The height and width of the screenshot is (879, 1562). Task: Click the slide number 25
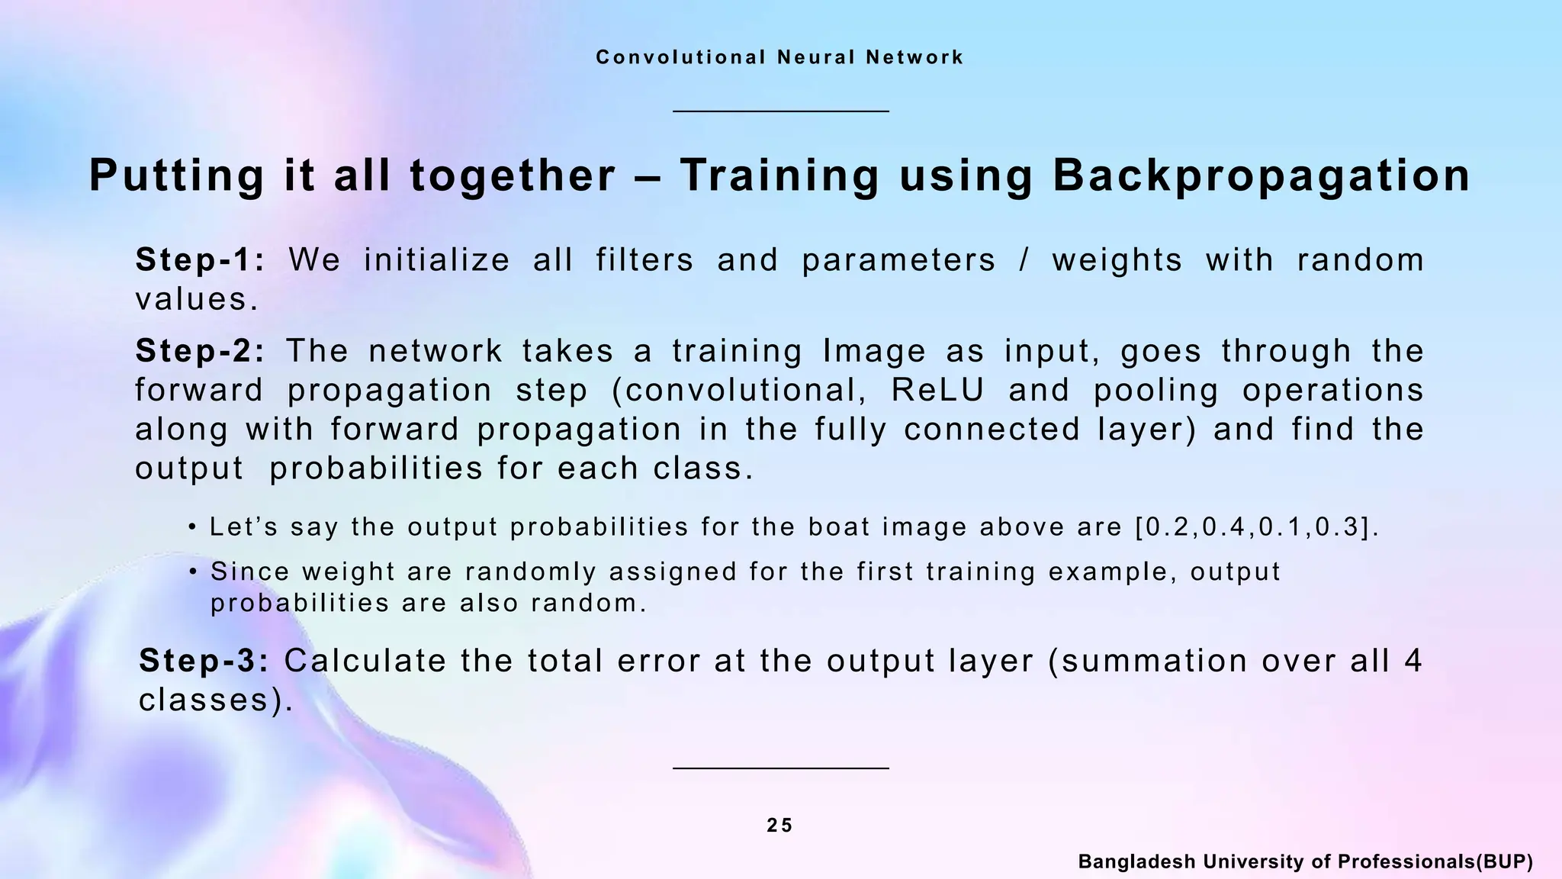tap(779, 826)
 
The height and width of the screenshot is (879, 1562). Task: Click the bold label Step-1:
tap(200, 260)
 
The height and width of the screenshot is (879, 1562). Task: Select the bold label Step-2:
tap(200, 351)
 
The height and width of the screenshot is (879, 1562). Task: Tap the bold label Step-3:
tap(204, 661)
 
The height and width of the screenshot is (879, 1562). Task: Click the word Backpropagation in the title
tap(1261, 175)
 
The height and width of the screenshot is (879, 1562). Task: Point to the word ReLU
tap(937, 390)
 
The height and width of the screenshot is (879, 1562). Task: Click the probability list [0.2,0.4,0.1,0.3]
tap(1257, 527)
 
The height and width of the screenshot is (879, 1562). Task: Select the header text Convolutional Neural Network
tap(779, 57)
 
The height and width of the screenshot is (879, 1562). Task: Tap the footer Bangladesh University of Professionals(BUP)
tap(1305, 862)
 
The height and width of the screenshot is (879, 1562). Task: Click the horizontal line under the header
tap(780, 111)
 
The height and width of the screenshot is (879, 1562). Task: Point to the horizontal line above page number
tap(780, 768)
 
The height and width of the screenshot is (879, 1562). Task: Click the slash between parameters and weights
tap(1024, 260)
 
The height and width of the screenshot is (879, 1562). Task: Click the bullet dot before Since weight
tap(193, 572)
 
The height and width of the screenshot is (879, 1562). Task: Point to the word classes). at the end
tap(216, 700)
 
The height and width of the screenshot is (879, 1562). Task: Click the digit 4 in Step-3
tap(1413, 661)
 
